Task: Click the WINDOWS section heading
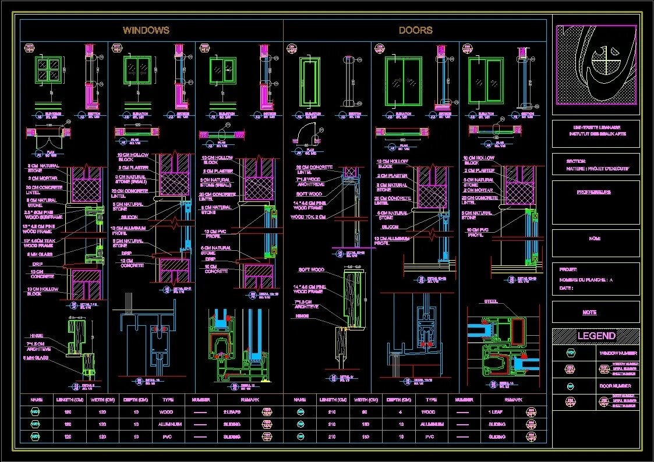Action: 146,30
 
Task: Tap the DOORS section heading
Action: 415,30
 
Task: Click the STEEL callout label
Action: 490,301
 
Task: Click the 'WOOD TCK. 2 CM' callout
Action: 307,217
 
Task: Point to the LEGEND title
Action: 596,336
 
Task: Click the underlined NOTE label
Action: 589,312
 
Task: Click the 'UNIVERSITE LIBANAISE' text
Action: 595,127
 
